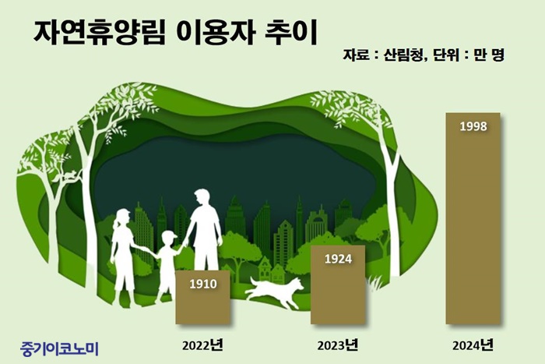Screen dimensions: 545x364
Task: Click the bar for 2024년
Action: pos(473,218)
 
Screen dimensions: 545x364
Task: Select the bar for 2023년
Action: pos(338,284)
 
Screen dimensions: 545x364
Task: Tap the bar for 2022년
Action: pos(202,297)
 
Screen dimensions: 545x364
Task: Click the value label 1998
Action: pos(473,126)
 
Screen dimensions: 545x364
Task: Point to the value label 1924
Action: pos(338,259)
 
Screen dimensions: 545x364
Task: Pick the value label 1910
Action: pos(203,284)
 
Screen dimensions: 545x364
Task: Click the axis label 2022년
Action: pos(202,345)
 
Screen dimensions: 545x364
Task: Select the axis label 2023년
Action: pos(337,345)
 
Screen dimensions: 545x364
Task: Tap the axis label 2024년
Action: pos(473,345)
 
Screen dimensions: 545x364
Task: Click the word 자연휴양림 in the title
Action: pos(99,34)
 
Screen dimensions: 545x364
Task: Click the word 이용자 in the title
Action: pos(216,34)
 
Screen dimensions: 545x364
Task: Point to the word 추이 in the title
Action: pos(291,34)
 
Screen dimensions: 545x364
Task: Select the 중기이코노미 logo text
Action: pos(59,348)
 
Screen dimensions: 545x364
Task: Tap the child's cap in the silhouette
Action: pos(169,235)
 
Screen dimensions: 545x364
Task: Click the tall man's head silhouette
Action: pos(202,198)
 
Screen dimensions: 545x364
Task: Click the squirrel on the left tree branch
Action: pos(70,175)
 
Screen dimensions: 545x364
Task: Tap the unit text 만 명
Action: pos(489,55)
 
